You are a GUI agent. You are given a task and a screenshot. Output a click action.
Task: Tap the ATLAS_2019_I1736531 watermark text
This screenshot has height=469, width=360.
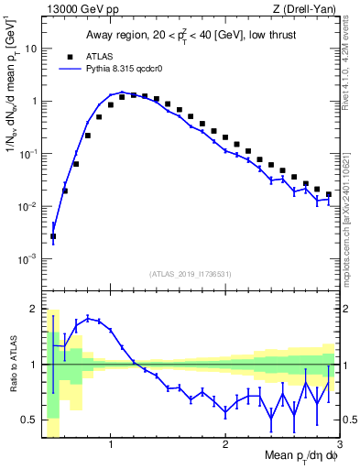pos(191,274)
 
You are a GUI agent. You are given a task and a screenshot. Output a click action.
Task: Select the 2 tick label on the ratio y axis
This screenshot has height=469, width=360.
pos(33,309)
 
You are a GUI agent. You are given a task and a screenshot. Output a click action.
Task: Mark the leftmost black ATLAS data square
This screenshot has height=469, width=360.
pos(53,236)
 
